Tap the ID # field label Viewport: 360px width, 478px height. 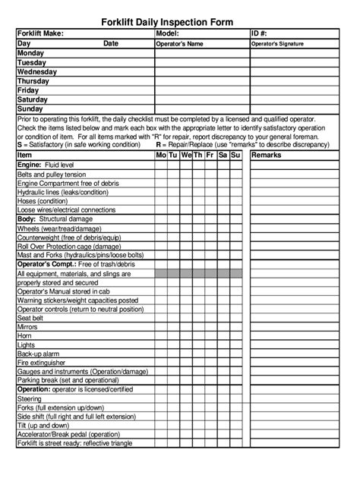pyautogui.click(x=262, y=34)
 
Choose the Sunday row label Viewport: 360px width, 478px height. pyautogui.click(x=30, y=108)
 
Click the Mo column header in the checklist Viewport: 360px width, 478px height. pyautogui.click(x=161, y=155)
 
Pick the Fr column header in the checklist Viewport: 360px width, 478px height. pyautogui.click(x=210, y=155)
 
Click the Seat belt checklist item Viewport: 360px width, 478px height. pyautogui.click(x=30, y=318)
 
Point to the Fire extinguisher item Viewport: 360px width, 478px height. pyautogui.click(x=40, y=362)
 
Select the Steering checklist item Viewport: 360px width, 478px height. pyautogui.click(x=30, y=398)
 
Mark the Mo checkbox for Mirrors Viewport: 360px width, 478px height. pyautogui.click(x=161, y=327)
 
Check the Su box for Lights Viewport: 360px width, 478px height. pyautogui.click(x=235, y=344)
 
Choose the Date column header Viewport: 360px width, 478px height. pyautogui.click(x=112, y=45)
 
